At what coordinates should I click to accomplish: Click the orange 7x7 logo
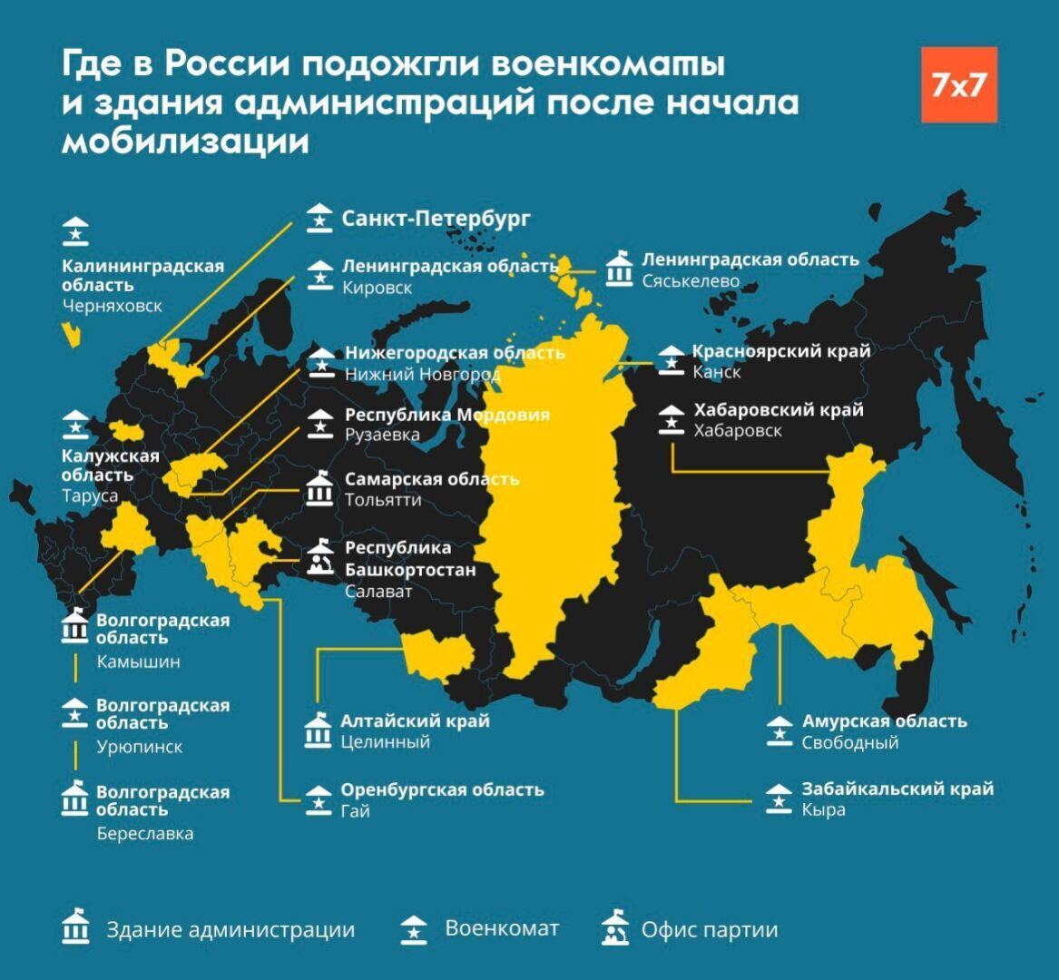tap(959, 84)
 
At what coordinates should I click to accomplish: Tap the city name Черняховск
tap(113, 306)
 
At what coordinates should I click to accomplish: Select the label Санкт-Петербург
tap(436, 219)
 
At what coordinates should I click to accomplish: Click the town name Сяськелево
tap(691, 281)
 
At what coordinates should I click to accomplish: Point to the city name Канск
tap(717, 372)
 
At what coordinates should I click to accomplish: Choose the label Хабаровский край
tap(778, 410)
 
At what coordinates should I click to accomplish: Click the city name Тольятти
tap(383, 500)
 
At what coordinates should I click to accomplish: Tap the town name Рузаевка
tap(382, 436)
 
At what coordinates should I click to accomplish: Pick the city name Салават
tap(378, 592)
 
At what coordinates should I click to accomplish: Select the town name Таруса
tap(90, 496)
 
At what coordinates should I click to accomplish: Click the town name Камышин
tap(139, 661)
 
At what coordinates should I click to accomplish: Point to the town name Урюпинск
tap(140, 747)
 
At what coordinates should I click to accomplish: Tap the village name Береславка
tap(145, 833)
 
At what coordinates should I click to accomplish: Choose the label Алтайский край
tap(415, 721)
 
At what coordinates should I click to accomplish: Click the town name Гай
tap(356, 810)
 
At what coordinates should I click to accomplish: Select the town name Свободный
tap(849, 742)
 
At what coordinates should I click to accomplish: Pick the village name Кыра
tap(823, 809)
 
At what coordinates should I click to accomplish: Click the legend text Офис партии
tap(709, 930)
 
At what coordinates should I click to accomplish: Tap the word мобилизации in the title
tap(185, 142)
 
